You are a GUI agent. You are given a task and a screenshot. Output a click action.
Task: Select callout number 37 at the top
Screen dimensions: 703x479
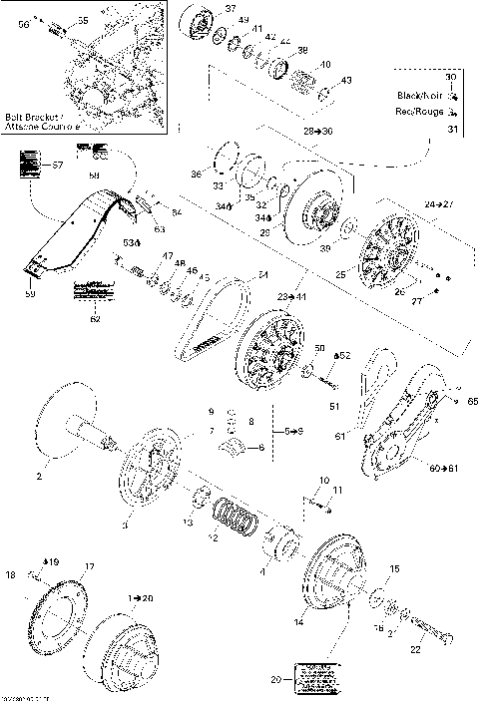pos(232,9)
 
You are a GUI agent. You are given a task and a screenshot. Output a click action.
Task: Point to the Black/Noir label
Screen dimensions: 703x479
pos(419,96)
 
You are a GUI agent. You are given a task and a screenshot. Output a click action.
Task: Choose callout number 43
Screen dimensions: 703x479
pos(345,80)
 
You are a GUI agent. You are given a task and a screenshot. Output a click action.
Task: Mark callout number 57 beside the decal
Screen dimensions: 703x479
pos(57,164)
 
